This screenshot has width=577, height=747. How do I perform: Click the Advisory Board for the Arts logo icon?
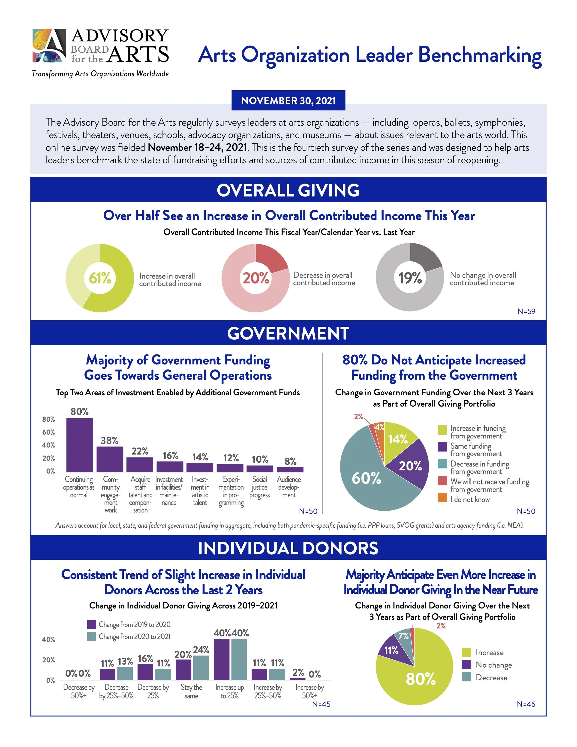click(x=49, y=45)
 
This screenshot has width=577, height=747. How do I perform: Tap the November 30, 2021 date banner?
click(x=288, y=100)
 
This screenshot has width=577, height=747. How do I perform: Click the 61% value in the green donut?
click(x=100, y=278)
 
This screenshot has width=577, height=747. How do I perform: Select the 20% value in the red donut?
click(x=256, y=278)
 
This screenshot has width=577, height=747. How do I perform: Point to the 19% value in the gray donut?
click(x=410, y=278)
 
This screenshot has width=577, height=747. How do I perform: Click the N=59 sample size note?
click(x=526, y=311)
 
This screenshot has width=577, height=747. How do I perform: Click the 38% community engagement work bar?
click(x=110, y=459)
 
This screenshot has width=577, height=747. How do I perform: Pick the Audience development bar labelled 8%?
click(x=290, y=469)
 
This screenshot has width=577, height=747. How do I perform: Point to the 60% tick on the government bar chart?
click(x=48, y=432)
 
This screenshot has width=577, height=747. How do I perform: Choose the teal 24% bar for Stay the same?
click(x=201, y=667)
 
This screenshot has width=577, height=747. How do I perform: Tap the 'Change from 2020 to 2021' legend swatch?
click(x=91, y=637)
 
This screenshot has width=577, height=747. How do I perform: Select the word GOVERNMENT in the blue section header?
click(x=288, y=333)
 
